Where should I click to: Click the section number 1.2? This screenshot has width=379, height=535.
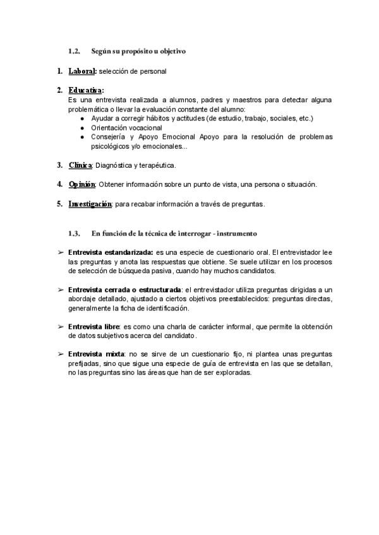(x=75, y=50)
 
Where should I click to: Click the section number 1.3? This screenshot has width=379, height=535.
(x=75, y=233)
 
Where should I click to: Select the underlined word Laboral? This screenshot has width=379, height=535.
(x=82, y=71)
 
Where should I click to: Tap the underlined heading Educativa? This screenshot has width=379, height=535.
(x=86, y=91)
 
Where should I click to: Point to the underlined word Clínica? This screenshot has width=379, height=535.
(x=80, y=165)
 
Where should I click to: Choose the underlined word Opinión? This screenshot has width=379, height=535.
(x=82, y=184)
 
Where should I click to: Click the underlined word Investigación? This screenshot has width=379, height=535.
(x=90, y=204)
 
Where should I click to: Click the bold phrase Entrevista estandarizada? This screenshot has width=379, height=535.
(x=111, y=252)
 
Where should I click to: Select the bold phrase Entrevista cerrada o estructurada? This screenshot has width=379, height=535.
(x=124, y=290)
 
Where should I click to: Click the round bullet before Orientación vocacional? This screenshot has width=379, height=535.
(x=83, y=127)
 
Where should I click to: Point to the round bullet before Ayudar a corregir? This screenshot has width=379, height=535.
(x=83, y=118)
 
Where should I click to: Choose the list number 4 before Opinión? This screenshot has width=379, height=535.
(x=59, y=184)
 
